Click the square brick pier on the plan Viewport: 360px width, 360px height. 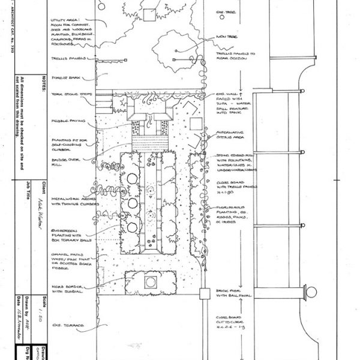(x=203, y=293)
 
